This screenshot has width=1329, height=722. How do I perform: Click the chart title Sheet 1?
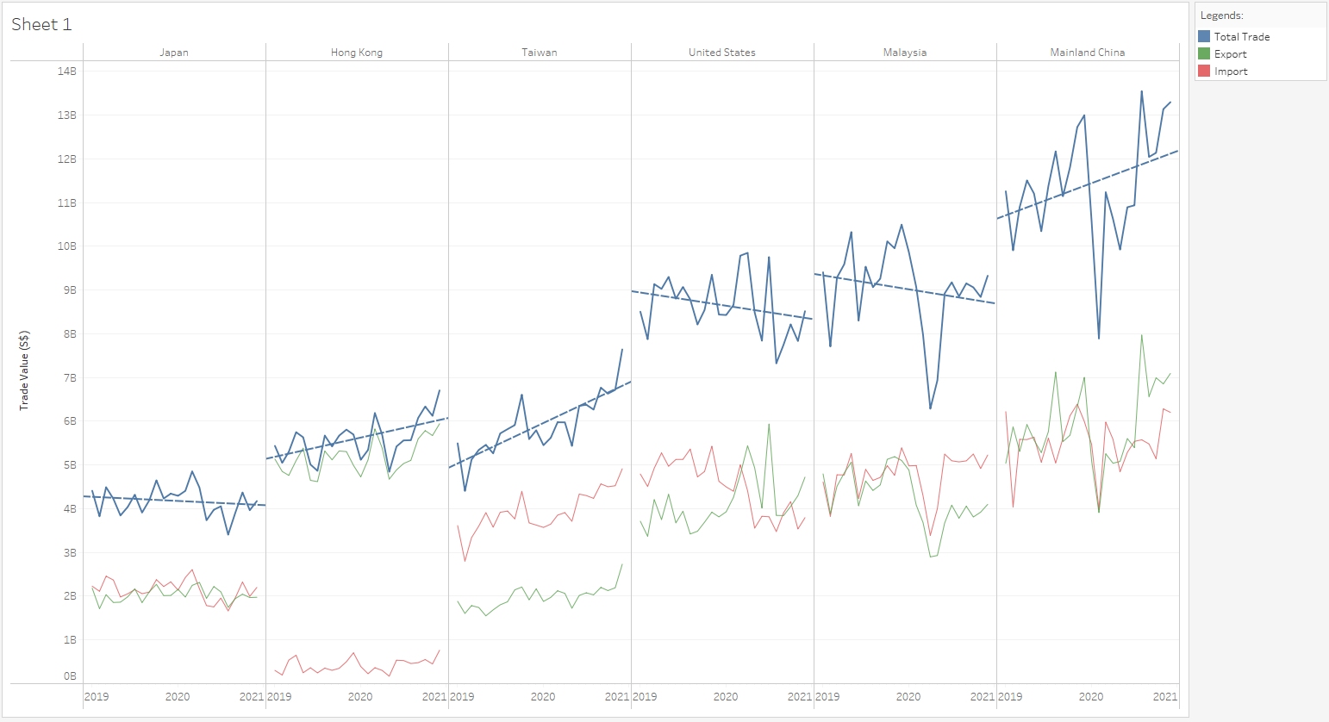(41, 25)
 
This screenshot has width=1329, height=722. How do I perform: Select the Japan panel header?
(174, 53)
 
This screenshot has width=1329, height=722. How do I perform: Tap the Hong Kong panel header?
(357, 53)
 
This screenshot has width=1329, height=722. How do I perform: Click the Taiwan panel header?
(540, 53)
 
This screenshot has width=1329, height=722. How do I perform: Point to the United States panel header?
(722, 53)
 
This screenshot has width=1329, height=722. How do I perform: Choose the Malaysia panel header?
(905, 53)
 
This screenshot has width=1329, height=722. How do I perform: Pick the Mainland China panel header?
(1088, 53)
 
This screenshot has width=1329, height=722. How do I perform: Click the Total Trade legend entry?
(1241, 37)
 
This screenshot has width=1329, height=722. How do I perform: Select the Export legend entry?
(1230, 54)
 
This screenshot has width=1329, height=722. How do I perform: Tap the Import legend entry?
(1231, 72)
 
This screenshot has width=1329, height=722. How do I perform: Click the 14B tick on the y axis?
(67, 72)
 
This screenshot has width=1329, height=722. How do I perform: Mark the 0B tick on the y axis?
(69, 676)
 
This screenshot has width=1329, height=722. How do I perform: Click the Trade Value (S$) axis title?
(25, 370)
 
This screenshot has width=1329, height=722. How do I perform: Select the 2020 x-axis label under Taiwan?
(543, 697)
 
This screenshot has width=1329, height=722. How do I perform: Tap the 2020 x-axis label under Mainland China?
(1091, 697)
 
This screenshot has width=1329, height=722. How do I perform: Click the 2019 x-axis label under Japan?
(97, 697)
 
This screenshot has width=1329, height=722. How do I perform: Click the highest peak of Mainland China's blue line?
(1142, 91)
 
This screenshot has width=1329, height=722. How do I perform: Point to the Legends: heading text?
(1222, 16)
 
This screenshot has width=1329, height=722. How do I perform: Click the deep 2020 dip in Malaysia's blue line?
(930, 408)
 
